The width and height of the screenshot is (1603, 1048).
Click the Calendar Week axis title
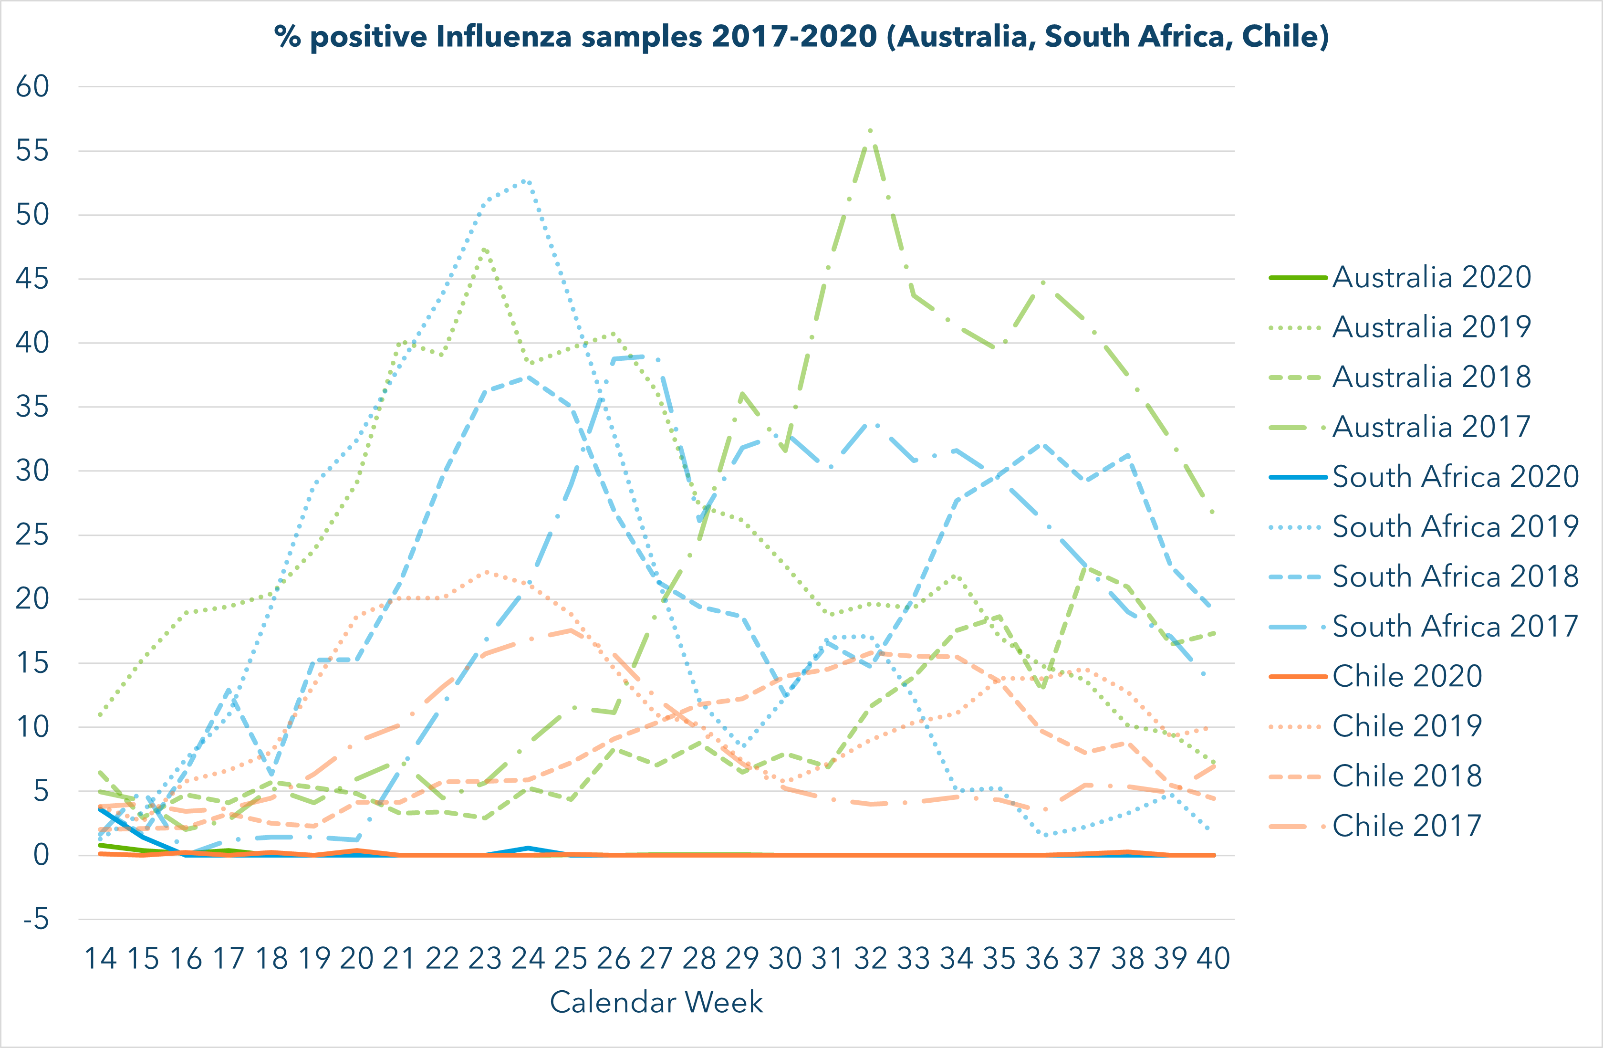(x=656, y=1002)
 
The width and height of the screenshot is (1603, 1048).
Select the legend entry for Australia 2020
(x=1431, y=277)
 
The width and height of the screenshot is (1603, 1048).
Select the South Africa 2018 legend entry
(x=1455, y=576)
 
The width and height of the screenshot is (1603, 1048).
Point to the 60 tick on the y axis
(x=32, y=86)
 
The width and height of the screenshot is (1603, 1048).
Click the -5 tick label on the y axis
(x=35, y=919)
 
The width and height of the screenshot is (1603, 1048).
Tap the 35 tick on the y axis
(x=32, y=407)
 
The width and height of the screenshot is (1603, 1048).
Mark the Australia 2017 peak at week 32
(x=871, y=129)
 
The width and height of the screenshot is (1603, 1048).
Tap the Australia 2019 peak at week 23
(x=485, y=249)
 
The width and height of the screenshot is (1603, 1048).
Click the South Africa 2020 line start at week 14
(x=100, y=807)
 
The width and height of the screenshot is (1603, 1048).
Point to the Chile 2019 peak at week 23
(x=485, y=571)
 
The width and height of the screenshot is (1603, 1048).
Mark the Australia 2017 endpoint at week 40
(x=1213, y=513)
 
